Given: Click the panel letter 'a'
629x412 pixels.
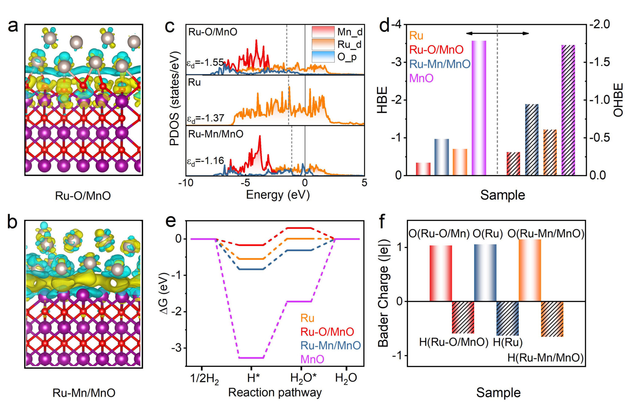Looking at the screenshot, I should tap(13, 26).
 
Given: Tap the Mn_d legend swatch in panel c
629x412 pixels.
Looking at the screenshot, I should tap(323, 32).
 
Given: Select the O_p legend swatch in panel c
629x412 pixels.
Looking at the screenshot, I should tap(323, 57).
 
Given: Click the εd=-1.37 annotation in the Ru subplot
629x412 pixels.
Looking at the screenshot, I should tap(205, 118).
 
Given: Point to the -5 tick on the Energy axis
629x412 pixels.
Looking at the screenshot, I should tap(245, 183).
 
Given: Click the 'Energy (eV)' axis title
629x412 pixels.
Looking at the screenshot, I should tap(278, 195).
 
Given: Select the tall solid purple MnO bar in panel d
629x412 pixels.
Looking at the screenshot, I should tap(479, 107).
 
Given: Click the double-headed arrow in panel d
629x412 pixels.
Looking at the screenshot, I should tap(497, 33).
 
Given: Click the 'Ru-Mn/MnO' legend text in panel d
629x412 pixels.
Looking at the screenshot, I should tap(440, 64).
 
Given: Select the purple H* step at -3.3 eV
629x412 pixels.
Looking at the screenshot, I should tap(251, 358).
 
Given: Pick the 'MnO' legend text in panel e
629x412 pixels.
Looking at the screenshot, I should tap(312, 359).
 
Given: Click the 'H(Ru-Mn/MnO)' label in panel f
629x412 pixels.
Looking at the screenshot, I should tap(545, 358).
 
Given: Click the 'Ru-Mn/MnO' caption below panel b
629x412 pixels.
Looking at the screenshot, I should tap(84, 393).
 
